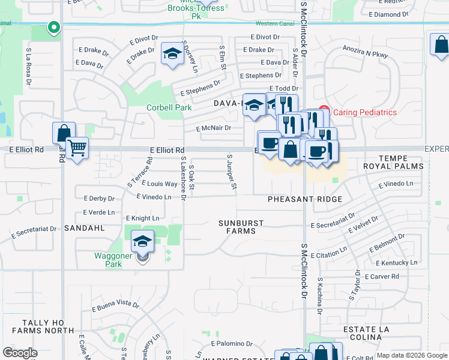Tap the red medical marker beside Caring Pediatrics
[x=324, y=112]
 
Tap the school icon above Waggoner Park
[x=142, y=241]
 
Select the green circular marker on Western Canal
[x=53, y=28]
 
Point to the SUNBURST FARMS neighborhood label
[x=241, y=227]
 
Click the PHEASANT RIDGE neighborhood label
[x=305, y=199]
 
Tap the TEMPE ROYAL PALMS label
[x=394, y=161]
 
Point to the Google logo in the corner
[x=20, y=353]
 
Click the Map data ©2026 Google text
[x=412, y=355]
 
